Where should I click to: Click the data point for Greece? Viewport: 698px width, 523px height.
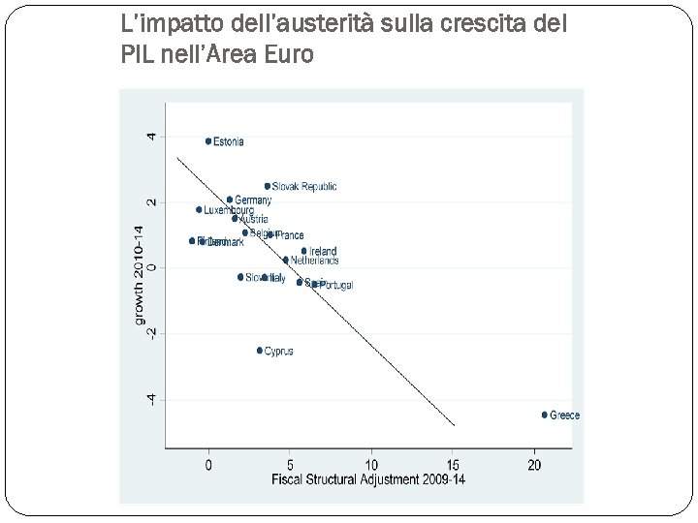(545, 415)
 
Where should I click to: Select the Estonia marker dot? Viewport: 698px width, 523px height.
(208, 141)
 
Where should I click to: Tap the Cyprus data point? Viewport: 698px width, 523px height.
(260, 351)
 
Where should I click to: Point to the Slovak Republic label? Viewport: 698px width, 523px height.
(304, 186)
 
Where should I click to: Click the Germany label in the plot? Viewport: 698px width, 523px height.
(253, 200)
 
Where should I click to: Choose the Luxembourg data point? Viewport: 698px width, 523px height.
(199, 209)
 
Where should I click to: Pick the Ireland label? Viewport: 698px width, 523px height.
(323, 252)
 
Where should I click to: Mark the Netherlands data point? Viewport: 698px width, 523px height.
(285, 260)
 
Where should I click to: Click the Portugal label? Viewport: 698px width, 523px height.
(335, 285)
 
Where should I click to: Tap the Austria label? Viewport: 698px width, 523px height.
(254, 219)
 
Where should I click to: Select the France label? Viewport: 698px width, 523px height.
(290, 235)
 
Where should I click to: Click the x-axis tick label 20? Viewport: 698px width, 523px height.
(534, 465)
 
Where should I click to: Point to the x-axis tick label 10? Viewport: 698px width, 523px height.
(371, 465)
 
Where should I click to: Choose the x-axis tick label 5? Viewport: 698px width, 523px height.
(290, 465)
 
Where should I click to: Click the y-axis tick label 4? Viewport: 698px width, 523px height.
(151, 136)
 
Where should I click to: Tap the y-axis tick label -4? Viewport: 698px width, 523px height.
(151, 398)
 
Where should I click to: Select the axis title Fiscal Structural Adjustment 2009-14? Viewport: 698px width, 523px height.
(368, 479)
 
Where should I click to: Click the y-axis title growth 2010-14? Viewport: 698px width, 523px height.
(138, 275)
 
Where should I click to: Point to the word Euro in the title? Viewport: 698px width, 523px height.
(289, 55)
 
